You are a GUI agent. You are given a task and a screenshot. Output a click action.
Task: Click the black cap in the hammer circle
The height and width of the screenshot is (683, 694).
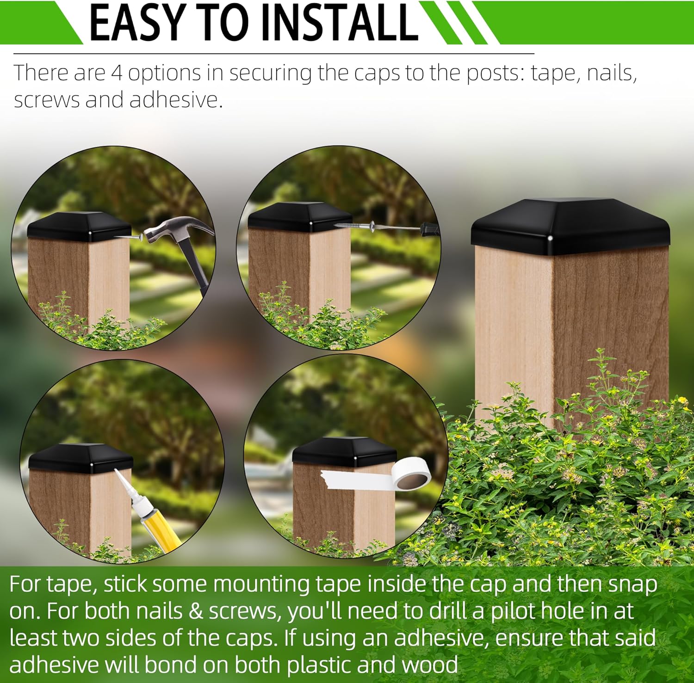(79, 228)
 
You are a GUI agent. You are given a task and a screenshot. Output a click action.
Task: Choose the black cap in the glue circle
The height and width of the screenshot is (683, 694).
(81, 458)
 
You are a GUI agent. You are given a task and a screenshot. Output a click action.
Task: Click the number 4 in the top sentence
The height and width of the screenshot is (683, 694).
(117, 73)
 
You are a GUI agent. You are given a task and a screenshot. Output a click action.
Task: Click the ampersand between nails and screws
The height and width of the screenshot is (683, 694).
(196, 611)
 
